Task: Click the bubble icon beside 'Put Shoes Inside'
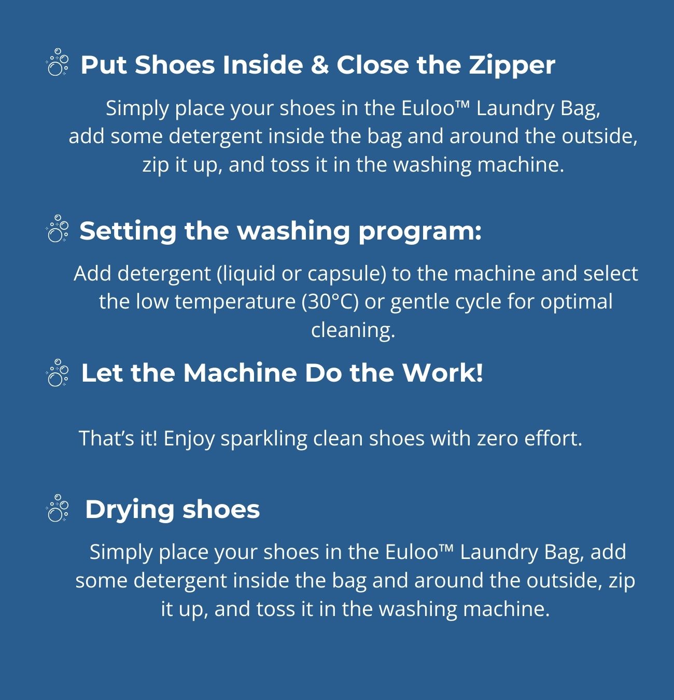tap(57, 62)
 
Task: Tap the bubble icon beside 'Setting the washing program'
tap(57, 229)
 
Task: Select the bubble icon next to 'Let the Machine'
tap(57, 373)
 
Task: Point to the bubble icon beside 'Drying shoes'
tap(57, 508)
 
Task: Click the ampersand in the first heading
tap(319, 65)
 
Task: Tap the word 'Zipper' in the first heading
tap(512, 66)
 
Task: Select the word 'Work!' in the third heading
tap(443, 373)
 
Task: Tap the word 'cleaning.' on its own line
tap(353, 330)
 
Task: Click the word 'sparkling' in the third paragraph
tap(264, 439)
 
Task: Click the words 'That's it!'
tap(118, 438)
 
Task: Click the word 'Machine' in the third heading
tap(240, 373)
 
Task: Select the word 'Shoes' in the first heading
tap(175, 65)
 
